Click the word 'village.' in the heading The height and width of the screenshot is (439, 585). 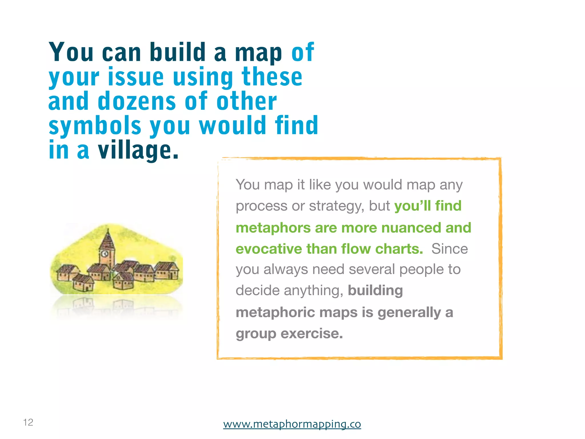138,151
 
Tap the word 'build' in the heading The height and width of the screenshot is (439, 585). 178,52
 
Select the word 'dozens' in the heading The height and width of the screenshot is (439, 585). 137,101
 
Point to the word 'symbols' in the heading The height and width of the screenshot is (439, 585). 95,126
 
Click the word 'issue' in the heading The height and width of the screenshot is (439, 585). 136,77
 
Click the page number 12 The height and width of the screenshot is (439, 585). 28,422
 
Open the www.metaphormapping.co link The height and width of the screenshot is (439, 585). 292,424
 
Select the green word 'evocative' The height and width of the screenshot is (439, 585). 269,249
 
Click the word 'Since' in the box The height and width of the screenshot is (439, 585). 449,249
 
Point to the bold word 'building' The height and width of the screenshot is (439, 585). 375,290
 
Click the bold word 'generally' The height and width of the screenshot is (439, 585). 409,312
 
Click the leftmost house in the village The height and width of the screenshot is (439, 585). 66,273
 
